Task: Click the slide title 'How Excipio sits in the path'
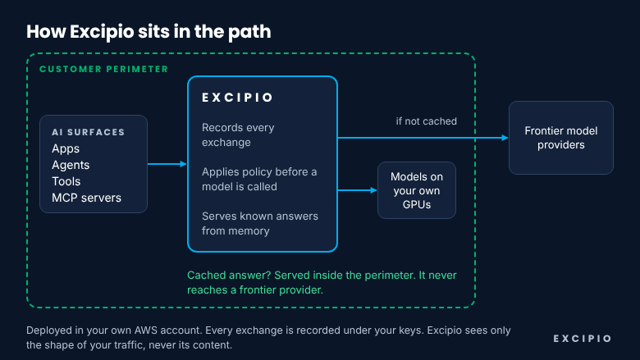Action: pyautogui.click(x=149, y=32)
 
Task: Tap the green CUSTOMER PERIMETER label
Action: pyautogui.click(x=103, y=70)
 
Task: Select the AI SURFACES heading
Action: pyautogui.click(x=88, y=132)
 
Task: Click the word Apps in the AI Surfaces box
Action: pyautogui.click(x=66, y=148)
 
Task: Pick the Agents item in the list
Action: pyautogui.click(x=71, y=165)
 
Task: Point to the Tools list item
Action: pyautogui.click(x=66, y=181)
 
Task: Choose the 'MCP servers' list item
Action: pyautogui.click(x=86, y=198)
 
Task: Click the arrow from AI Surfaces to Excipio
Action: pyautogui.click(x=167, y=164)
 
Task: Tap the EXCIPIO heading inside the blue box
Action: pyautogui.click(x=237, y=98)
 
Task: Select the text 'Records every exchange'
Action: pyautogui.click(x=238, y=135)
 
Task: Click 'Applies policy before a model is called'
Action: pyautogui.click(x=259, y=179)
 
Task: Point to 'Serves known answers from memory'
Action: pyautogui.click(x=260, y=223)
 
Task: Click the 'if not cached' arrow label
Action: pyautogui.click(x=426, y=121)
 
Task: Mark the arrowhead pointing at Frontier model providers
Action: pyautogui.click(x=505, y=138)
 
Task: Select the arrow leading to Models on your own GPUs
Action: pyautogui.click(x=357, y=190)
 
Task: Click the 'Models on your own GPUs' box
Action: pyautogui.click(x=417, y=190)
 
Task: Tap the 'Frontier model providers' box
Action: pyautogui.click(x=561, y=138)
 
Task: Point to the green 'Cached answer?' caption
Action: pyautogui.click(x=322, y=283)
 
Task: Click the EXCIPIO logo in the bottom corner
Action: pyautogui.click(x=583, y=339)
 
